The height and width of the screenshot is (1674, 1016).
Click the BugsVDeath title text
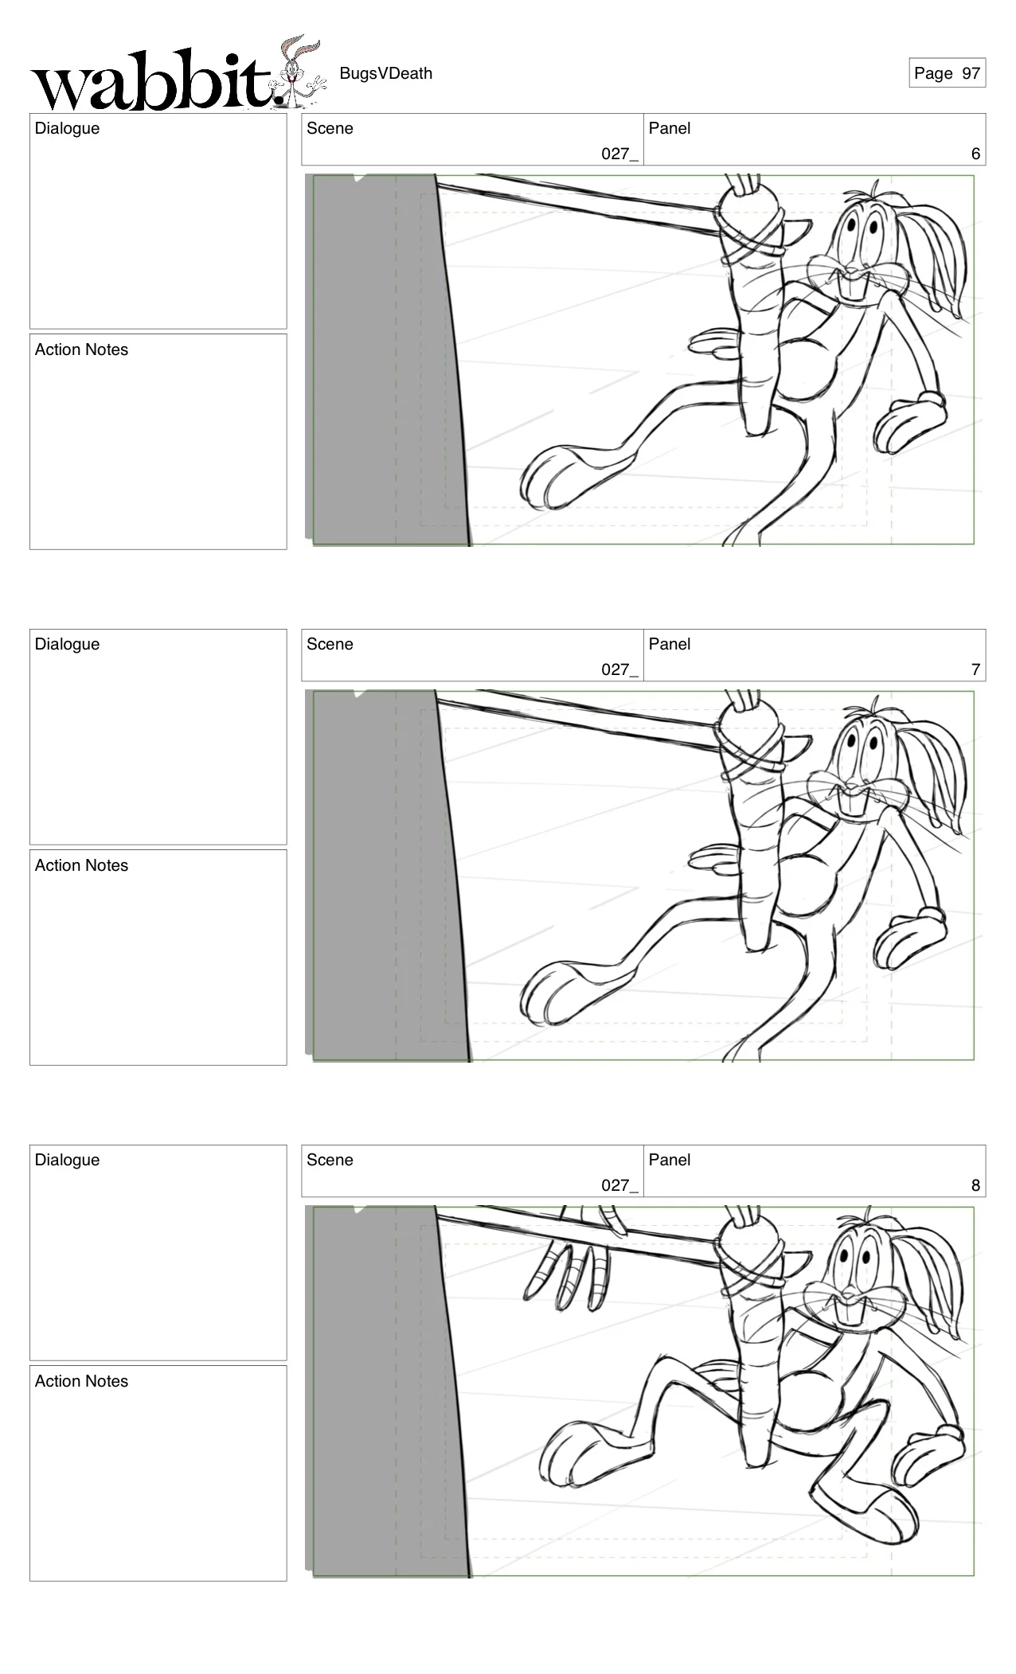(x=385, y=73)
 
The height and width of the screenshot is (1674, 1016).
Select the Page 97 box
(x=947, y=73)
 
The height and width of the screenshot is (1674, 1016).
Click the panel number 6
(x=975, y=154)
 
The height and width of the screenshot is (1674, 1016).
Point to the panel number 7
(x=975, y=669)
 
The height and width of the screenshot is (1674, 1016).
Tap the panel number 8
(x=975, y=1185)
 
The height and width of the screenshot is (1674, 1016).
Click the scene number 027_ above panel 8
(x=619, y=1185)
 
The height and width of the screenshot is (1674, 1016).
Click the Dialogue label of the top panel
(x=67, y=128)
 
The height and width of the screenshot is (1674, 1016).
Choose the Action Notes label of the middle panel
(x=81, y=865)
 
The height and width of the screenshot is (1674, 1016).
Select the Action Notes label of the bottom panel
(x=81, y=1381)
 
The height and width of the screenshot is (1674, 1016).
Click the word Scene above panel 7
(x=330, y=644)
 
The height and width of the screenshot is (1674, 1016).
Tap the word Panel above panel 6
(x=669, y=128)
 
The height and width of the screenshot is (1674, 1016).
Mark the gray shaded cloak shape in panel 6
(x=382, y=358)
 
